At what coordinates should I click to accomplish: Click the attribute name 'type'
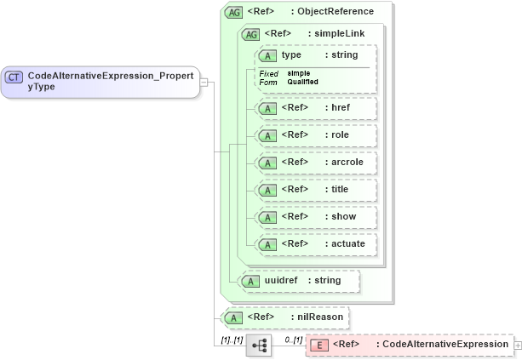(291, 55)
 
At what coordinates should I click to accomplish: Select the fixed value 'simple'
(298, 73)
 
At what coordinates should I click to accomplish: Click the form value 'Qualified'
(302, 82)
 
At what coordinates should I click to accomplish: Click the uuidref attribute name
(279, 280)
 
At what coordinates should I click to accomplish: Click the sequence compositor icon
(258, 345)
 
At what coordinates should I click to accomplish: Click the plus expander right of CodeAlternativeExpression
(518, 345)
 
